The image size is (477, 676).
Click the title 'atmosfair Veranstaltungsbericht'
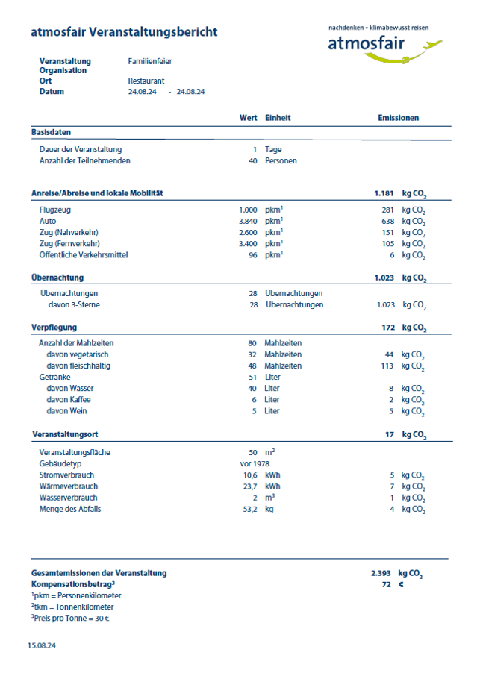point(124,32)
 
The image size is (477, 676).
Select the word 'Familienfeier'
point(150,61)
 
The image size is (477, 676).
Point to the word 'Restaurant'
point(146,81)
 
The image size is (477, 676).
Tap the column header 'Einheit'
point(278,118)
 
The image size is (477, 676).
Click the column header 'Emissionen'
point(398,118)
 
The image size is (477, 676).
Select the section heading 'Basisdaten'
point(52,132)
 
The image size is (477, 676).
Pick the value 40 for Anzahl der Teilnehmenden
point(253,160)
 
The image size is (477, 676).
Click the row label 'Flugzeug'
point(55,210)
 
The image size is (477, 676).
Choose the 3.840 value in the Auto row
point(248,222)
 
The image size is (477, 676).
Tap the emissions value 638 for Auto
point(387,222)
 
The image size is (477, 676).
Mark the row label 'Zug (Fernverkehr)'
point(69,244)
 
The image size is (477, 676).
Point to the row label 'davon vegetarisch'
point(78,354)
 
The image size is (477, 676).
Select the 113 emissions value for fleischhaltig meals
point(387,366)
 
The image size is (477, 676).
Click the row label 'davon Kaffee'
point(69,400)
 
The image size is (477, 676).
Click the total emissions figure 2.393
point(381,573)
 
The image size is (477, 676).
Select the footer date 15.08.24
point(42,645)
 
